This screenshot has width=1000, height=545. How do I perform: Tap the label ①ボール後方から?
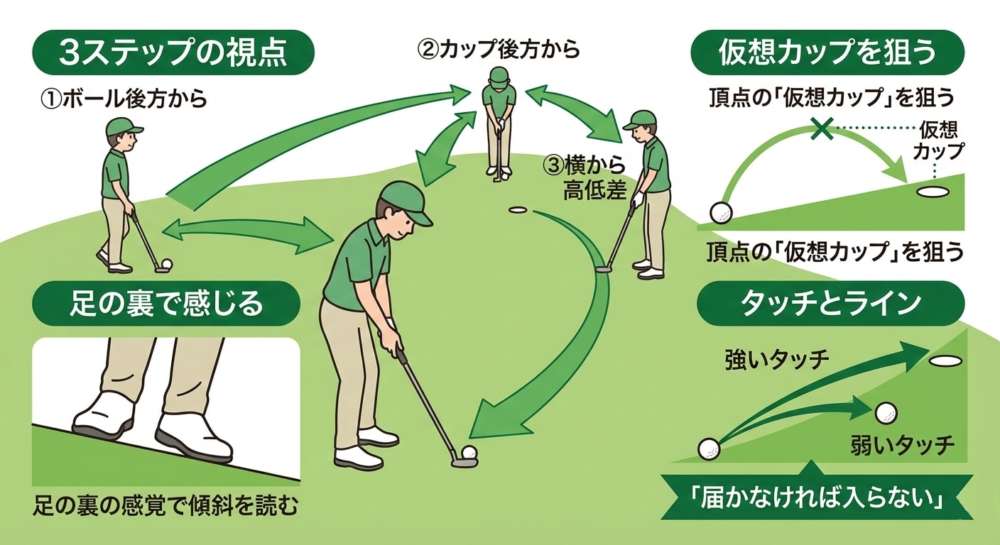(124, 99)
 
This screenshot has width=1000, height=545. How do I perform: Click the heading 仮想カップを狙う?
(827, 54)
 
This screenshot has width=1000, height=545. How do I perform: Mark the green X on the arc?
(822, 128)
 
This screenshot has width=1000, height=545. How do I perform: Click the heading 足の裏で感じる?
(167, 304)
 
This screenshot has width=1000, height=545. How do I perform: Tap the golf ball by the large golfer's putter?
(469, 453)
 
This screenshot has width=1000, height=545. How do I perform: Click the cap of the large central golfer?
(405, 200)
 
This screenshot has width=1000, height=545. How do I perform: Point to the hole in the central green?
(518, 210)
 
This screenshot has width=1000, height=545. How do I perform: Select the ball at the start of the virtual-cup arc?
(721, 212)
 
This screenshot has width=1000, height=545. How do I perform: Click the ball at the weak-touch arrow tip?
(886, 413)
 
